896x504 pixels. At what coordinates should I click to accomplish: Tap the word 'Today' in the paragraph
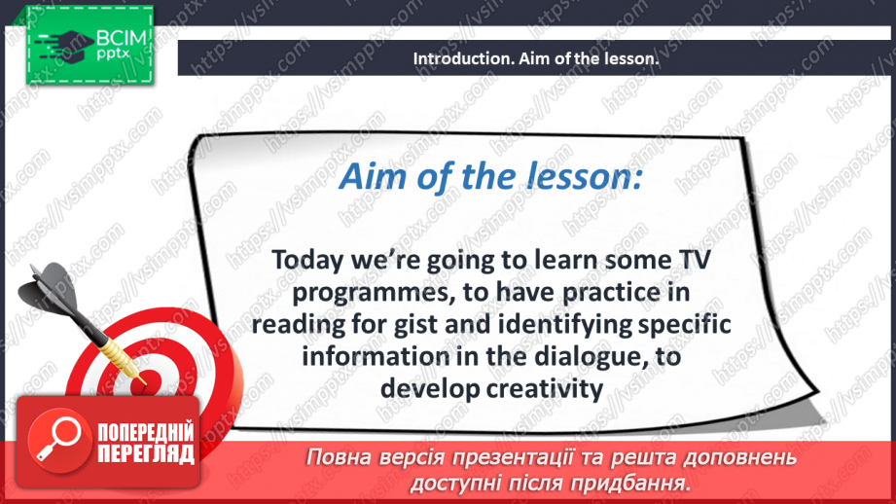(x=305, y=261)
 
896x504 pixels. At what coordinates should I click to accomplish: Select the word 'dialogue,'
(x=565, y=356)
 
